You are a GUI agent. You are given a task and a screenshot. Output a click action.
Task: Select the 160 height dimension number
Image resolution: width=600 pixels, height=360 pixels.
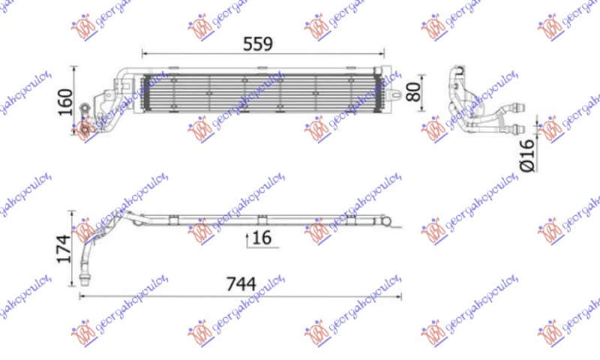coord(66,99)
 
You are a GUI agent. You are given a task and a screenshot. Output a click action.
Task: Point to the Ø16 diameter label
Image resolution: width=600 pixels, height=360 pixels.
coord(526,154)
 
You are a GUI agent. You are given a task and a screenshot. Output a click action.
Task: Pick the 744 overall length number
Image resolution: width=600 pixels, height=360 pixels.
coord(241,284)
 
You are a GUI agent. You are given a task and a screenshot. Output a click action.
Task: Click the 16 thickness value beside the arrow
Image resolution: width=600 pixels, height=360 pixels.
coord(261,238)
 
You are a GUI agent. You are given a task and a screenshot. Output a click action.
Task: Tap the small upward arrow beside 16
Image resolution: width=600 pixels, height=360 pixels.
coord(247,239)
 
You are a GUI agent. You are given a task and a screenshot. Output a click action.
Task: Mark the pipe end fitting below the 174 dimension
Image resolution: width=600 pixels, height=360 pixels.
coord(84,281)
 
